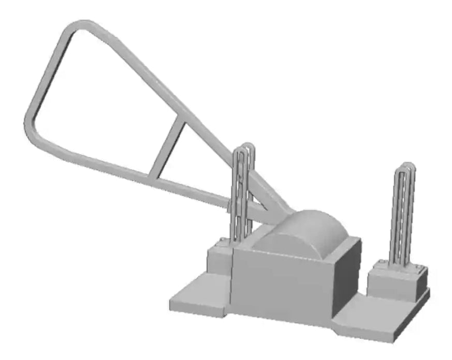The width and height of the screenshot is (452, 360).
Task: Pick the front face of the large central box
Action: (x=280, y=284)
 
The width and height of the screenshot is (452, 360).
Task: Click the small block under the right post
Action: (x=393, y=284)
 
